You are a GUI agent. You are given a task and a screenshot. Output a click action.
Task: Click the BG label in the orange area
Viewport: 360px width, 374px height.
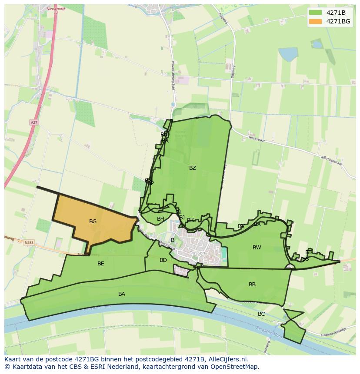(93, 222)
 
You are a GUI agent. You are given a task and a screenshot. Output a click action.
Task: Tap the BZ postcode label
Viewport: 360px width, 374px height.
(192, 168)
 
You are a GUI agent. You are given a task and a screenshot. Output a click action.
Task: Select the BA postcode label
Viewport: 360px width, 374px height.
(122, 294)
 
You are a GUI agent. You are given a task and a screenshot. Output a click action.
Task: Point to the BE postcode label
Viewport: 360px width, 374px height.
(100, 263)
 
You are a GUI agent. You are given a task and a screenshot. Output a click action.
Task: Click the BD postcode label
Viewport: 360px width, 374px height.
(163, 260)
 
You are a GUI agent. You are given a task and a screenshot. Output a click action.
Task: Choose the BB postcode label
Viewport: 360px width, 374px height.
(252, 285)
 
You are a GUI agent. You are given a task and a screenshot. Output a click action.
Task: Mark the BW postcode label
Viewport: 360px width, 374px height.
(257, 248)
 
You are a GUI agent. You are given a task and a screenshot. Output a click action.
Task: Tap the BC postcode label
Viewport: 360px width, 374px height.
(261, 314)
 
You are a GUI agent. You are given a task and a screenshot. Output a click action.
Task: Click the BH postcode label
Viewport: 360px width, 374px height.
(160, 219)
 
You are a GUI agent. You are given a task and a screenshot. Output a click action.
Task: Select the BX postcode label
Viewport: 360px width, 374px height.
(257, 224)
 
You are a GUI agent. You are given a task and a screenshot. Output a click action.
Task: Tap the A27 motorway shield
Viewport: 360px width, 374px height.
(34, 122)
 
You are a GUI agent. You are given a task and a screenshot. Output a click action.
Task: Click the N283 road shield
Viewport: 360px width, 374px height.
(29, 242)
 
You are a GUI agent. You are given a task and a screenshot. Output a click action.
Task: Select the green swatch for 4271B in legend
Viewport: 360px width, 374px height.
(316, 13)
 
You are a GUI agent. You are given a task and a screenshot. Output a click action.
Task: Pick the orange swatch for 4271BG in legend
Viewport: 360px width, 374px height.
(316, 21)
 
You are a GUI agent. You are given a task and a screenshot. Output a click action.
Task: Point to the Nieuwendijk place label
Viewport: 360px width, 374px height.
(56, 8)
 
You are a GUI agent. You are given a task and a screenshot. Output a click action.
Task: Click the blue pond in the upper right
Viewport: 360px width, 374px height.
(288, 54)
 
